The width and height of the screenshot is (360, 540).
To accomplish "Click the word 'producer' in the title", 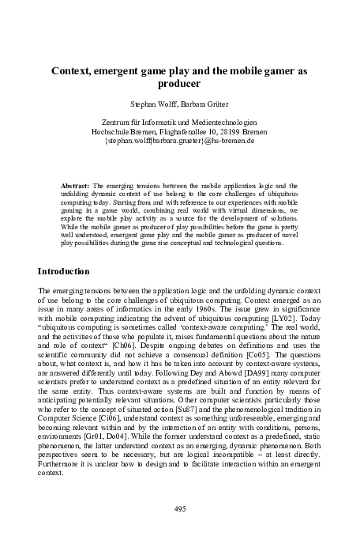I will click(x=179, y=83).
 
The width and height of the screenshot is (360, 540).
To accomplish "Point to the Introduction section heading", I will click(x=69, y=271).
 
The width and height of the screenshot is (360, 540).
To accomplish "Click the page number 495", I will click(x=179, y=508).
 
